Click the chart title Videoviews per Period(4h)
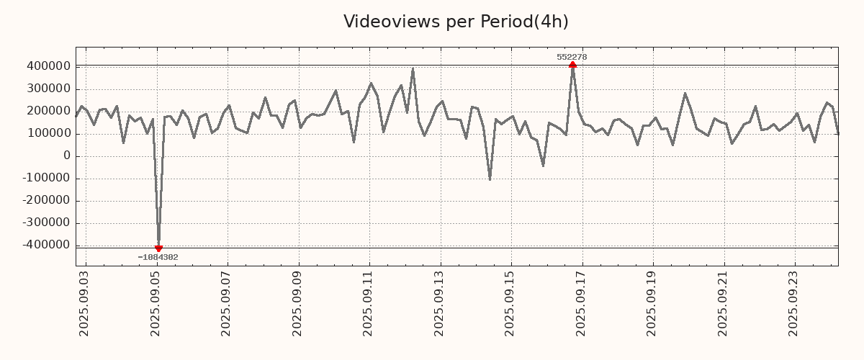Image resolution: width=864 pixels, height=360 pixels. coord(456,22)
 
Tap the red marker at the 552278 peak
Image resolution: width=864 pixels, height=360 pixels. coord(572,65)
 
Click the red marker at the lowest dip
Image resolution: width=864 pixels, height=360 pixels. coord(158,248)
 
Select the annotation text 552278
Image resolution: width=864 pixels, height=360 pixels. coord(572,57)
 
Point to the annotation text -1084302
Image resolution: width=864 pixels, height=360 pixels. coord(158,257)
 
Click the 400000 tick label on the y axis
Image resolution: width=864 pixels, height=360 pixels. coord(47,66)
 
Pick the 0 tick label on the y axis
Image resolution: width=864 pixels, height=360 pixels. coord(67,156)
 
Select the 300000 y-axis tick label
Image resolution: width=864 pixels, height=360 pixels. coord(47,89)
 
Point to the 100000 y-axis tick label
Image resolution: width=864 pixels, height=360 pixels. coord(47,133)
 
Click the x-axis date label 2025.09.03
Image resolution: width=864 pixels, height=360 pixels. coord(84,303)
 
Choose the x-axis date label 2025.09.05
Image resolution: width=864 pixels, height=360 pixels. coord(156,303)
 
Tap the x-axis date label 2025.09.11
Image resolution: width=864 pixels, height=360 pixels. coord(369,303)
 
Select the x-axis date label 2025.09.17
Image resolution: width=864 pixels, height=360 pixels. coord(582,303)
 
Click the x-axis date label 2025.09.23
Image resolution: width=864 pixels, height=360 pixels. coord(795,303)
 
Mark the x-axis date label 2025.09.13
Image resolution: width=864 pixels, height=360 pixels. coord(440,303)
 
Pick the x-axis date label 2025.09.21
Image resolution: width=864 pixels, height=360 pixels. coord(724,303)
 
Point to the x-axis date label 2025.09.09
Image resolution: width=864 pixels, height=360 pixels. coord(297,303)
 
